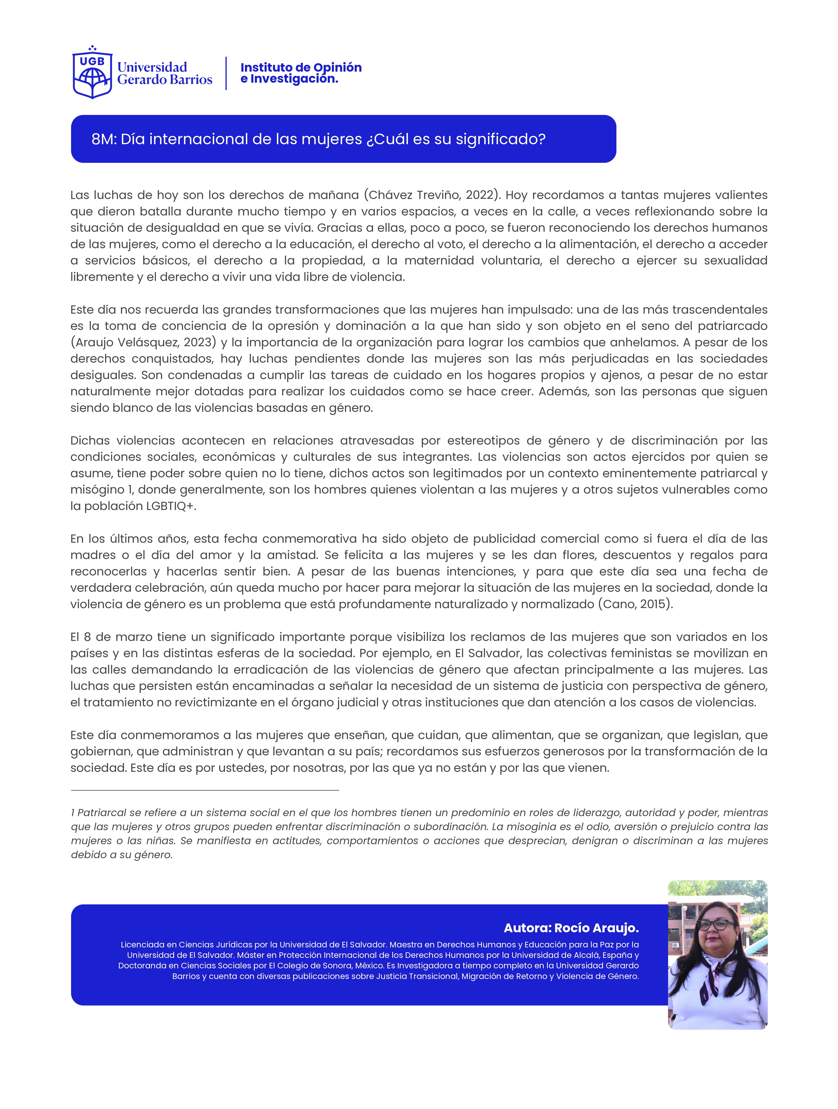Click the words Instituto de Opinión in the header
click(x=301, y=67)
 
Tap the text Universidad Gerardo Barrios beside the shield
click(x=164, y=73)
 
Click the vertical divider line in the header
click(x=226, y=73)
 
